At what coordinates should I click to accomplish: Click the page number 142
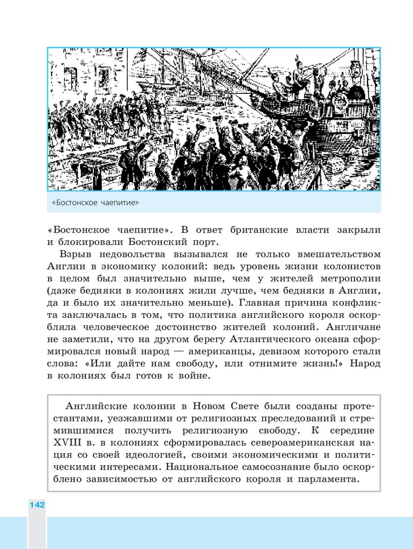37,505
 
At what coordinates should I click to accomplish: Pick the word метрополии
350,278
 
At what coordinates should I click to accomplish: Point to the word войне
192,376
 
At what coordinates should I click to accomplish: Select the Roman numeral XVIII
67,442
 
